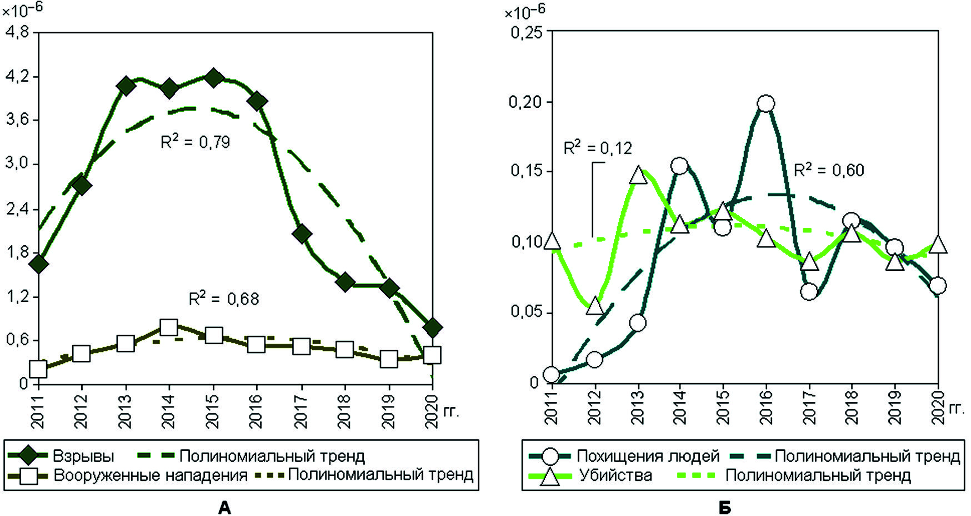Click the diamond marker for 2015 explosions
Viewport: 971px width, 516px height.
pos(213,78)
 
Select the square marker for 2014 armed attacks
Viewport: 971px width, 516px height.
pos(168,327)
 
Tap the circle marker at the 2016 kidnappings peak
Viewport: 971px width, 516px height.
pos(765,103)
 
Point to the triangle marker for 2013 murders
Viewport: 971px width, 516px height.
pos(638,175)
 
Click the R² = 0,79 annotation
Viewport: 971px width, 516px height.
pos(195,142)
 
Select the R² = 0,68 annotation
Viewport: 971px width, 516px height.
pos(224,299)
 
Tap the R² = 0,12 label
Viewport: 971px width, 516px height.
pos(598,148)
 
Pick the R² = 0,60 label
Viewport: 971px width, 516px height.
pos(829,170)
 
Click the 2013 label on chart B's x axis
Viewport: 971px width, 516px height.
pos(638,408)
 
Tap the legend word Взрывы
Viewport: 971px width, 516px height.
pos(83,457)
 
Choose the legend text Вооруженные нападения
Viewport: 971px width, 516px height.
pos(150,475)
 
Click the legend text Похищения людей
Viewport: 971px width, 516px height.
pos(648,457)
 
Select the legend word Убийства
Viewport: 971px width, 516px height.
pos(615,475)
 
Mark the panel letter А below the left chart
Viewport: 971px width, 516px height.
pos(224,507)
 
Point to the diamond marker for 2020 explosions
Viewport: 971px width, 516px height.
pos(432,327)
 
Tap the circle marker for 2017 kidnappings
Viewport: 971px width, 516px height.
pos(809,291)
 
